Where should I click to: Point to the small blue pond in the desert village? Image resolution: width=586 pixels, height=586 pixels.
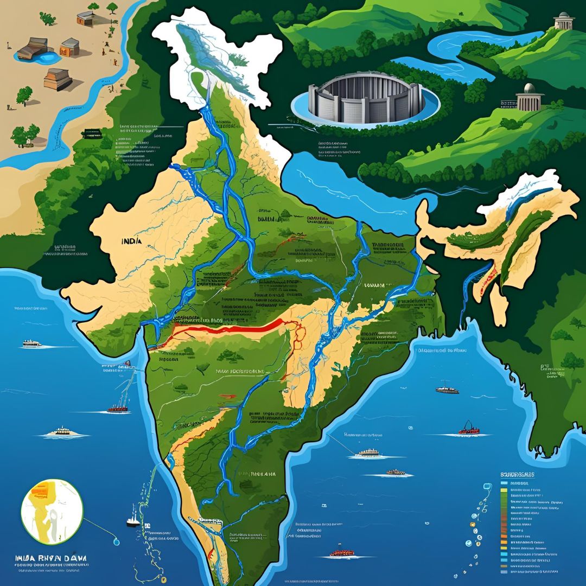(48, 56)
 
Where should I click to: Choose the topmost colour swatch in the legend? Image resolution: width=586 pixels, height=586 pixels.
(504, 482)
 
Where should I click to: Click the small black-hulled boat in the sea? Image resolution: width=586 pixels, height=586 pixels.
(132, 522)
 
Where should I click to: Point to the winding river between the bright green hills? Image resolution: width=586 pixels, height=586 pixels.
(477, 46)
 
